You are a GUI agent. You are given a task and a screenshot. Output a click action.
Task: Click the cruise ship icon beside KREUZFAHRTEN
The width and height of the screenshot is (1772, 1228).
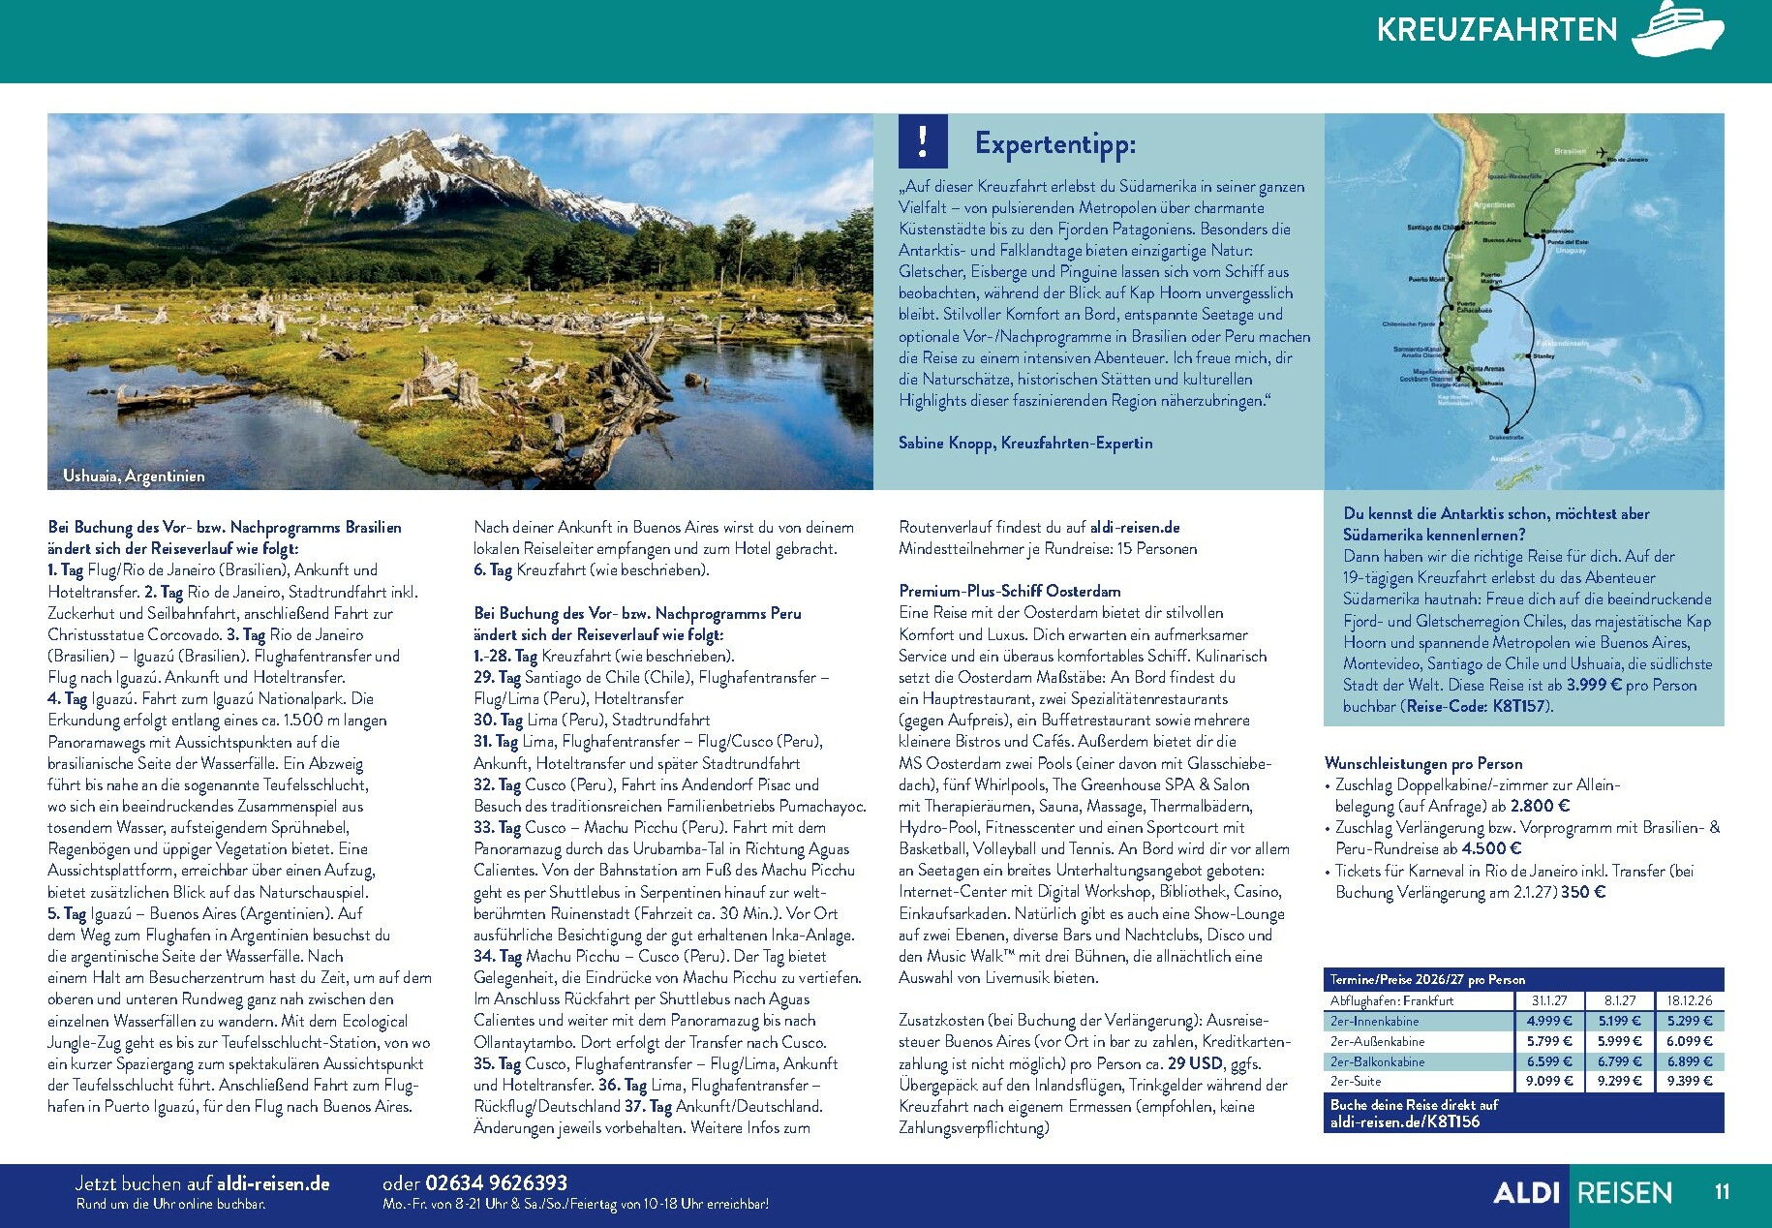[x=1678, y=28]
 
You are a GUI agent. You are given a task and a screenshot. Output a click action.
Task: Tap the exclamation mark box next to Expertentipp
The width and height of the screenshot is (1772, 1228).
[x=923, y=141]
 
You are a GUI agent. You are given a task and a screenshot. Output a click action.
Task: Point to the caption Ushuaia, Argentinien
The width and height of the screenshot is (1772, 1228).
[x=134, y=476]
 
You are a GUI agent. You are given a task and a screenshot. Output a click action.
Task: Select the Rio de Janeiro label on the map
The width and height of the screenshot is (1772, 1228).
[x=1627, y=159]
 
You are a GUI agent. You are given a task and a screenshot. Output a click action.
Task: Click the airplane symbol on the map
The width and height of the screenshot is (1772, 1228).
[x=1603, y=152]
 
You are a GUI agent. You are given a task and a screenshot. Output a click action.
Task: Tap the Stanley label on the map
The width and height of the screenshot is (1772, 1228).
[x=1543, y=356]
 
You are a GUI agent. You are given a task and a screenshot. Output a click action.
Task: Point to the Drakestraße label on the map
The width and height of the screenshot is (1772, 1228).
[x=1506, y=438]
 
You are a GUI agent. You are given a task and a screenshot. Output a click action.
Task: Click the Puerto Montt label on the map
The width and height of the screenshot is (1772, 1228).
[x=1425, y=279]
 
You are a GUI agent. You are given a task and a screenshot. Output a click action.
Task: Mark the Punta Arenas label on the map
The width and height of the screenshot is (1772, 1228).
[x=1485, y=369]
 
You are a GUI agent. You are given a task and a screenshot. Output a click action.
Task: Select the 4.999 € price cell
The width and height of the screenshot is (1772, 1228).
[x=1549, y=1021]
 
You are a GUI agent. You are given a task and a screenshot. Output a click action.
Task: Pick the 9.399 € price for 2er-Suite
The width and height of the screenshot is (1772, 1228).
[x=1689, y=1081]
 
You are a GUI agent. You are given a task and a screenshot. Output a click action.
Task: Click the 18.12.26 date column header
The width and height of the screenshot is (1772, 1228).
[x=1689, y=1000]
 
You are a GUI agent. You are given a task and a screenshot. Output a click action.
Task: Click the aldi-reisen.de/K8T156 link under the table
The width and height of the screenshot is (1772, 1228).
[x=1405, y=1121]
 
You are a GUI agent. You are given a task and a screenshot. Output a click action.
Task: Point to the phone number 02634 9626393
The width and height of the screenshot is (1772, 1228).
[x=496, y=1182]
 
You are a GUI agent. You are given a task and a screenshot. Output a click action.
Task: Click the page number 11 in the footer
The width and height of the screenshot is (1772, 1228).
[x=1722, y=1191]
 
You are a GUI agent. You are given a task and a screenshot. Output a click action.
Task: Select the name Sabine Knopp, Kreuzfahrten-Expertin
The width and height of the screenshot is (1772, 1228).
[x=1025, y=444]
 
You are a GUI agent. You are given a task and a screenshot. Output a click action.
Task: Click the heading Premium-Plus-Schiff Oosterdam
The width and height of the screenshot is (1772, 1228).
[x=1009, y=591]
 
